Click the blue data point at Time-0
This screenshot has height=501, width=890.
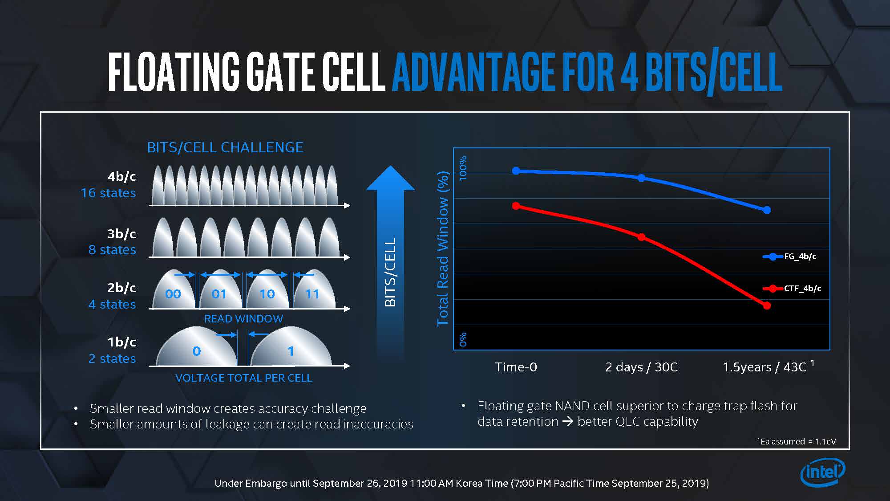516,171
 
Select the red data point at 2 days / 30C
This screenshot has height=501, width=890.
641,237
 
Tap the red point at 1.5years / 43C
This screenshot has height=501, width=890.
767,305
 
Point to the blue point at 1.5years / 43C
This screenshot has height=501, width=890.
767,210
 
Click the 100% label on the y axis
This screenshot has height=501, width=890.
463,168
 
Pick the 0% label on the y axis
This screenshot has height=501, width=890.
463,339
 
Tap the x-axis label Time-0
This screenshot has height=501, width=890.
516,367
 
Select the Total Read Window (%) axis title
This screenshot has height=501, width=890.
443,248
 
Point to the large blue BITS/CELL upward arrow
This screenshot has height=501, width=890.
390,249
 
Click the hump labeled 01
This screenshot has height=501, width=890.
219,292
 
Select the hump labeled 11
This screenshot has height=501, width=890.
313,292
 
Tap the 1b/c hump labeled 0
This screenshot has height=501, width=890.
197,350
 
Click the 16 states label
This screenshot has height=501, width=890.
108,193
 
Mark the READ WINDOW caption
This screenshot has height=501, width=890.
243,319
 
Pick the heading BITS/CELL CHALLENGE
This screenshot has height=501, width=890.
225,147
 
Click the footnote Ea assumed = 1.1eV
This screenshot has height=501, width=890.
797,441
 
